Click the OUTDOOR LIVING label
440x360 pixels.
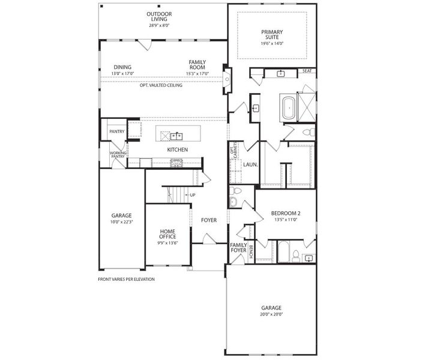(x=159, y=16)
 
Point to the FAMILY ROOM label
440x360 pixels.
(x=197, y=64)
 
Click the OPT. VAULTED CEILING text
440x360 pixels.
(x=161, y=85)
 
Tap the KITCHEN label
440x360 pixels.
(x=178, y=149)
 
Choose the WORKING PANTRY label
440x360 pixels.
(x=117, y=155)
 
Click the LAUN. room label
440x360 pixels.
(x=250, y=164)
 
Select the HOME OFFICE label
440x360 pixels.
(x=167, y=234)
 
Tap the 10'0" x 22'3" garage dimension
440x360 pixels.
(x=121, y=223)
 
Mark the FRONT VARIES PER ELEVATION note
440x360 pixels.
(x=126, y=279)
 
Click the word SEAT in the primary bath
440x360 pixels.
(x=307, y=71)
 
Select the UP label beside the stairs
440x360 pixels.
(x=193, y=195)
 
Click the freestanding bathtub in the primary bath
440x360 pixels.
(x=288, y=108)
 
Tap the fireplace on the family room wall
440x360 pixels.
(x=227, y=77)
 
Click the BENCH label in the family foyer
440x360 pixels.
(x=251, y=252)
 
